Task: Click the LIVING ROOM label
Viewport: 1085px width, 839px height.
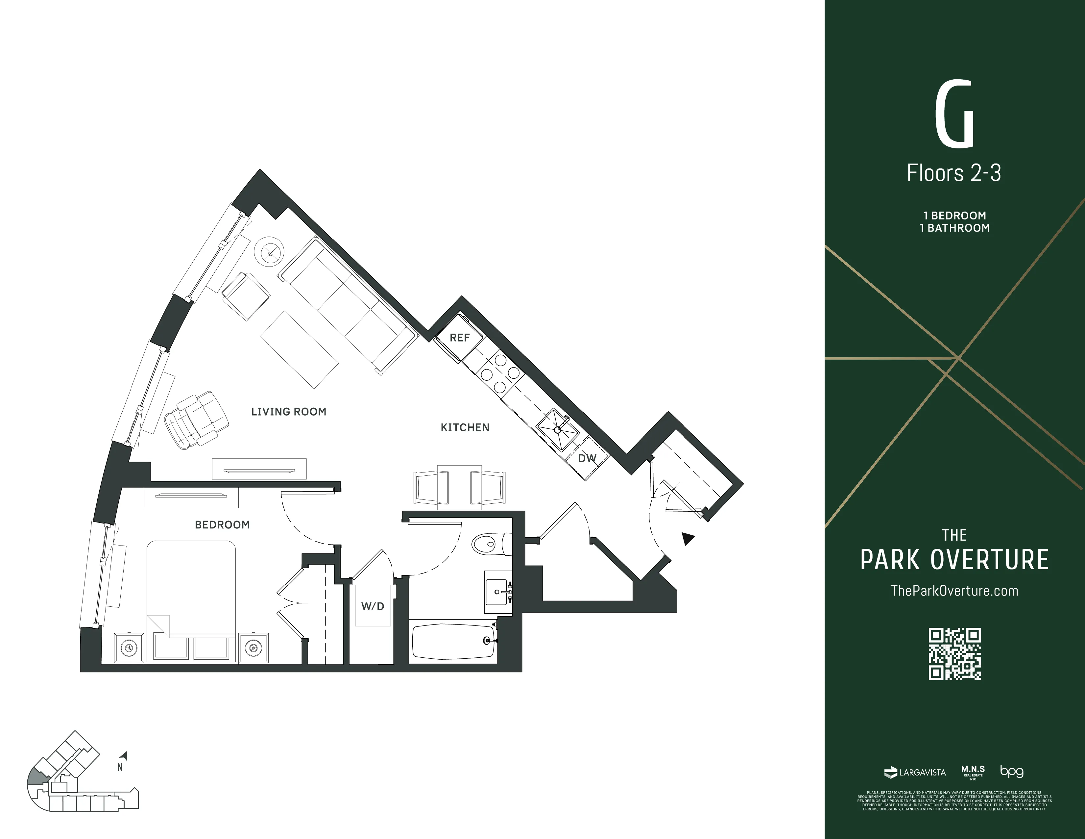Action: (289, 412)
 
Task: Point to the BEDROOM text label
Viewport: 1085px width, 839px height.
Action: (222, 525)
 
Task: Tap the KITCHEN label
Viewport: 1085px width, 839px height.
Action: (465, 427)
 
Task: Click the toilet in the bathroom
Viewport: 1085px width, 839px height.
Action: (489, 544)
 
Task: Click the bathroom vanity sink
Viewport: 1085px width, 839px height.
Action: (497, 592)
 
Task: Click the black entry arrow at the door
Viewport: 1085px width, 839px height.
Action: (687, 538)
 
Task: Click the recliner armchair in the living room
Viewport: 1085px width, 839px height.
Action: (196, 420)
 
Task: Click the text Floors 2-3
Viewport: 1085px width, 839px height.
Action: (954, 173)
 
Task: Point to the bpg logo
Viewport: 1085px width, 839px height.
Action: (1011, 772)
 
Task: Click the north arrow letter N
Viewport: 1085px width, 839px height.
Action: (120, 767)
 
